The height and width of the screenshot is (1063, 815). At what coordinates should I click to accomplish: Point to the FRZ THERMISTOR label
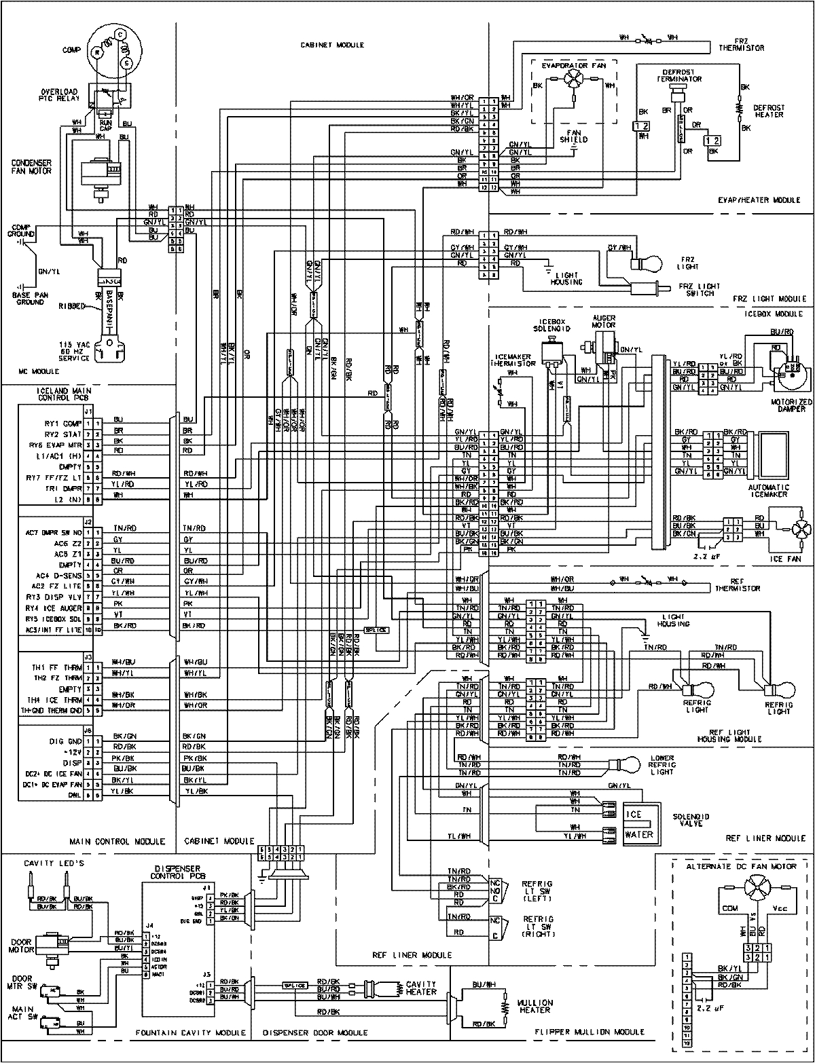coord(742,44)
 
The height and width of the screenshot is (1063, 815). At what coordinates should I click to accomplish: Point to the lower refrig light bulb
coord(631,764)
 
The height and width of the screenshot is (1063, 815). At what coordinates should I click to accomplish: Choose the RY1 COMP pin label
coord(63,422)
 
